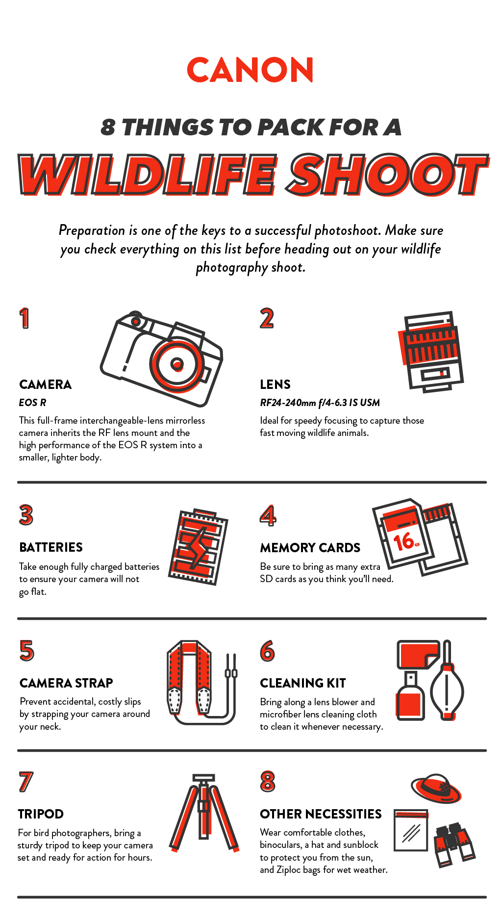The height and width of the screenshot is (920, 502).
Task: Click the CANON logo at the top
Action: click(250, 70)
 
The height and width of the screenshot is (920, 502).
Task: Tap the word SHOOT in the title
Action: click(388, 175)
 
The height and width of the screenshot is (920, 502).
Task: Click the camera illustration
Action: click(162, 358)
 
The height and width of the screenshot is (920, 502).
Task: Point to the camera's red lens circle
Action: click(176, 363)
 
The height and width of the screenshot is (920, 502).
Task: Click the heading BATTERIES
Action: click(51, 547)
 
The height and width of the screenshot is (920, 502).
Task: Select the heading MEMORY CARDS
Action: click(310, 548)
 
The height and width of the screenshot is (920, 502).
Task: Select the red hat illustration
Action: click(436, 789)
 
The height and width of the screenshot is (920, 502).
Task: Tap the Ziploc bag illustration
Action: click(411, 831)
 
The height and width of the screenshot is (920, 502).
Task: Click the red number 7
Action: click(25, 782)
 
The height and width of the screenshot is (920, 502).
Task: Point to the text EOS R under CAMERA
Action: click(32, 403)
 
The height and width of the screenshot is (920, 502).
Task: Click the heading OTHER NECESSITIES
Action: click(321, 814)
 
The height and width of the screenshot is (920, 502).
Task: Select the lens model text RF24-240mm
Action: click(288, 403)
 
